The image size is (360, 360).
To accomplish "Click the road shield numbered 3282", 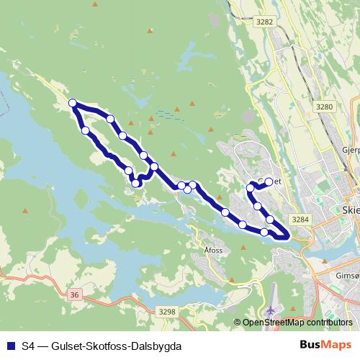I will click(265, 22).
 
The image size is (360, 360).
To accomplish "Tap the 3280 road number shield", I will click(325, 107).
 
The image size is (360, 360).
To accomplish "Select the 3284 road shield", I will click(300, 218).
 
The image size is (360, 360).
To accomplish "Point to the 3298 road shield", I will click(166, 311).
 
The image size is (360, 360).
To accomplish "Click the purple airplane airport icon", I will click(271, 310).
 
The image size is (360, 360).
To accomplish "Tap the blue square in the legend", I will click(10, 346).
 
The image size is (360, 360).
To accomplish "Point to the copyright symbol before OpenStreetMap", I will click(238, 323).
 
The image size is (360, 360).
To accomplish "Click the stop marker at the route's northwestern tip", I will click(73, 104).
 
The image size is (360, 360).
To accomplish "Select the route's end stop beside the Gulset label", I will click(269, 181).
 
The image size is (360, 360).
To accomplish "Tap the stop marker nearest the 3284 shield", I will click(270, 219).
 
